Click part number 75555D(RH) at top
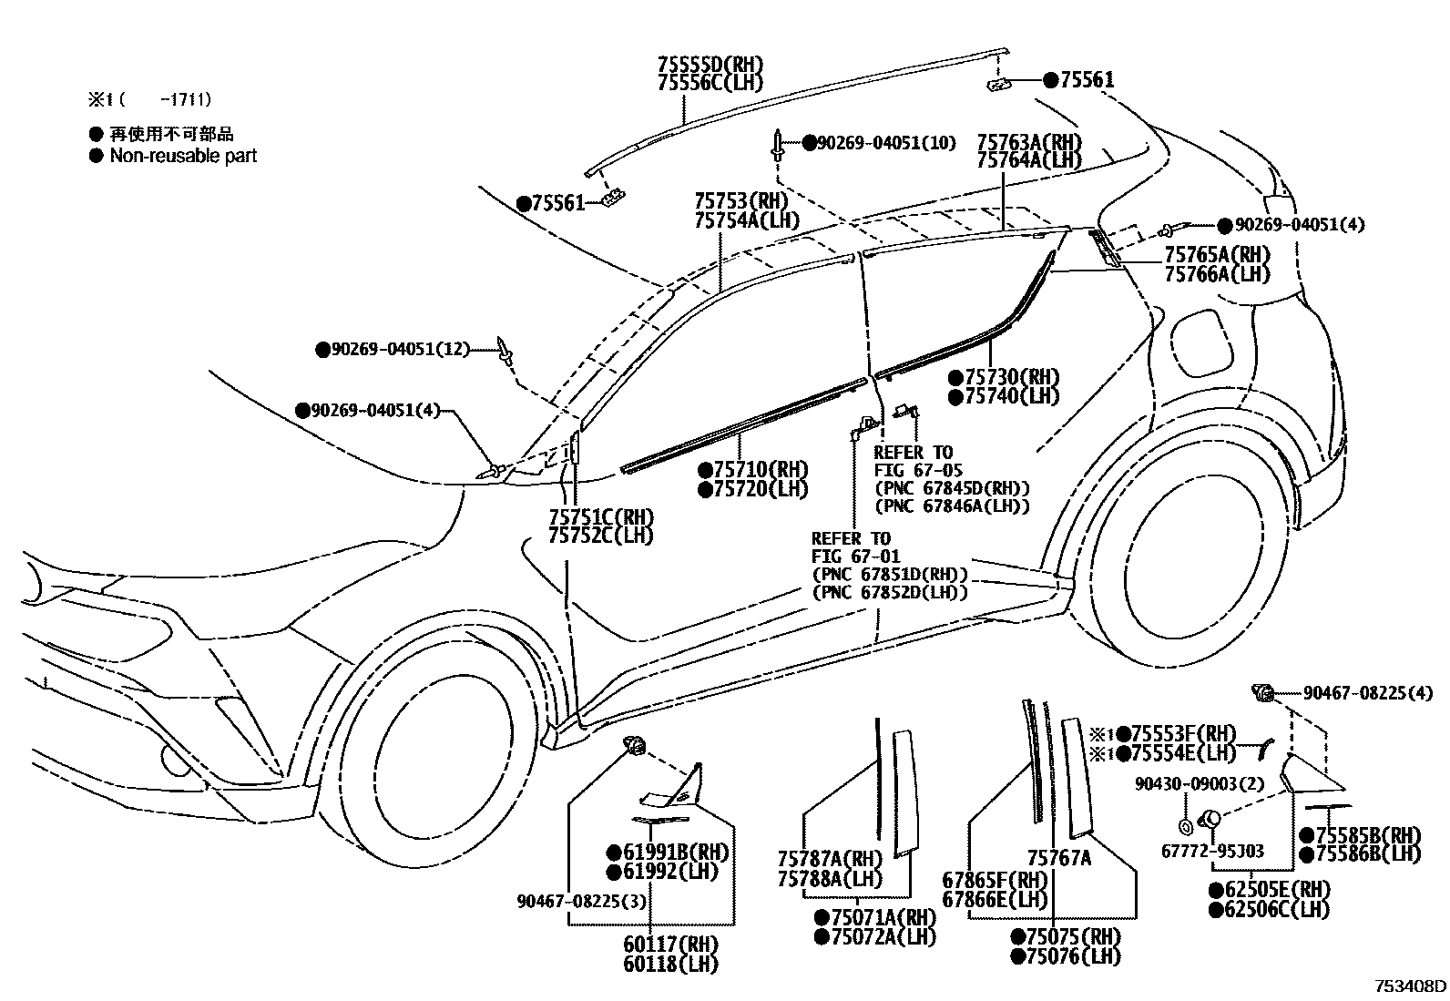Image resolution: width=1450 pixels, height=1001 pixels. [x=710, y=65]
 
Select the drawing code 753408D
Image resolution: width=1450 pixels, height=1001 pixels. [x=1410, y=986]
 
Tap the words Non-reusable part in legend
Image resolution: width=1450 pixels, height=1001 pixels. [x=183, y=156]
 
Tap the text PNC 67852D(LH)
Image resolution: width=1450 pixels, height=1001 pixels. [x=890, y=592]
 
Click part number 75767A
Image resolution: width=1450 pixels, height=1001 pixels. [x=1059, y=858]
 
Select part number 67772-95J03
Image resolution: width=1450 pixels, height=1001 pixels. [x=1212, y=851]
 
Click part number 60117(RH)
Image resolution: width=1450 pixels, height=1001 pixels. [x=671, y=945]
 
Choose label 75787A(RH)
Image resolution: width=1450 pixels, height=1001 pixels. [x=831, y=859]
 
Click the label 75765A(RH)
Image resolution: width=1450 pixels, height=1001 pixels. [x=1216, y=254]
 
